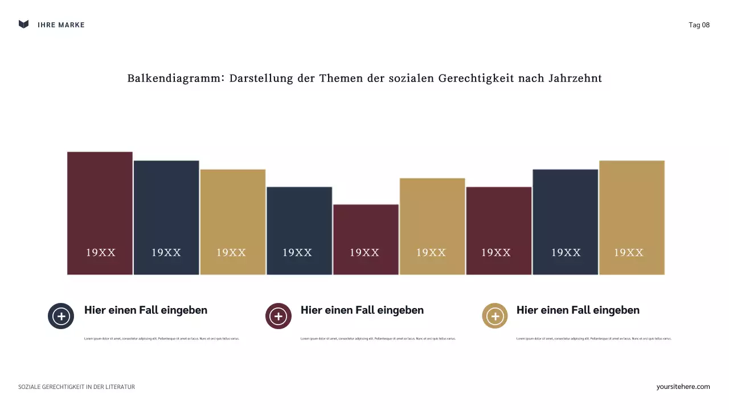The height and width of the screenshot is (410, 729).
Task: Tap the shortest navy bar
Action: (x=299, y=222)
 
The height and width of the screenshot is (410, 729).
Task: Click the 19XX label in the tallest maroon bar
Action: (x=101, y=253)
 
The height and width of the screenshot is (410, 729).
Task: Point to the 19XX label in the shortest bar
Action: (x=364, y=253)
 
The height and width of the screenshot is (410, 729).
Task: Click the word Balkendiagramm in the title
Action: (x=175, y=79)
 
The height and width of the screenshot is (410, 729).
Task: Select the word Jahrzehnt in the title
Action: (x=575, y=79)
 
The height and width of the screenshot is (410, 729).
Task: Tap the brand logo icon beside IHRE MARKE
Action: (x=23, y=24)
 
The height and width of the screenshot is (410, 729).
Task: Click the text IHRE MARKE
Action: (x=61, y=25)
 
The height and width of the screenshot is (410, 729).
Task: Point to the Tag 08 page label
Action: (x=699, y=25)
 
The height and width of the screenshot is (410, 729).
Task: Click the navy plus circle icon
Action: (x=61, y=316)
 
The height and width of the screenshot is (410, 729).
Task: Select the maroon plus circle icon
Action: (x=278, y=316)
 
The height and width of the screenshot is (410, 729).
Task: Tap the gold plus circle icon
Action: (x=494, y=316)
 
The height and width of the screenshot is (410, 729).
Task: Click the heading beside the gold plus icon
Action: (x=578, y=310)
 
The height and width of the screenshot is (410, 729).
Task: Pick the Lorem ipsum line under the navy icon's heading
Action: (x=162, y=339)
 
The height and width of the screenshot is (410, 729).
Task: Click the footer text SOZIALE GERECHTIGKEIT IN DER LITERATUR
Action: (x=76, y=387)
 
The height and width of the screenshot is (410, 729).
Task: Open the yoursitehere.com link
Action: (x=683, y=387)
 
